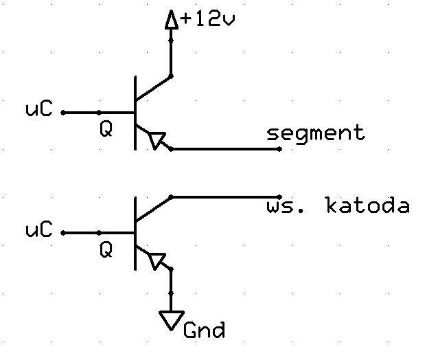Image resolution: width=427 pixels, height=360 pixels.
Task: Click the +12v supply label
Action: tap(207, 19)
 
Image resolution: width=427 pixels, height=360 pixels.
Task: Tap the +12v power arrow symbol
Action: tap(172, 20)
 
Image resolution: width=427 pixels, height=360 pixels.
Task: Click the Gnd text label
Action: tap(205, 330)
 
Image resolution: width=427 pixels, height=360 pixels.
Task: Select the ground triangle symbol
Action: tap(172, 320)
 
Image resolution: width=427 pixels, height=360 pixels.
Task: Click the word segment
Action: tap(316, 133)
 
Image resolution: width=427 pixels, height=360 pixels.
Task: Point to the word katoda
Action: tap(368, 205)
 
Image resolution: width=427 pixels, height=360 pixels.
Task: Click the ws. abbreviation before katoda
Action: tap(285, 207)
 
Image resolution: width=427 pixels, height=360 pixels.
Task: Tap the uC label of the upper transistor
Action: tap(38, 109)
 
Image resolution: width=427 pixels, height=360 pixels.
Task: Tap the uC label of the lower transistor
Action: tap(38, 229)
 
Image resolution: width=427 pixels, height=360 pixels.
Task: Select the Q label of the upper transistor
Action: tap(106, 129)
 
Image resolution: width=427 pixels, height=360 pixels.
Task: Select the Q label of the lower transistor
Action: tap(106, 250)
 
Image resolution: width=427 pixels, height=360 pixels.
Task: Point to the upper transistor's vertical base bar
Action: tap(135, 113)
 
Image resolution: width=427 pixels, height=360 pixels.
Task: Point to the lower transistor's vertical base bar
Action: tap(135, 234)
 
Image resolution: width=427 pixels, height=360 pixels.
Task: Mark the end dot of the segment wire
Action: tap(279, 149)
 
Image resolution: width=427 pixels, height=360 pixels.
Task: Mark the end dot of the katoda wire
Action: tap(279, 196)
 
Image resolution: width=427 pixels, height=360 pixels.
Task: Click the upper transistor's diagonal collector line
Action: tap(153, 89)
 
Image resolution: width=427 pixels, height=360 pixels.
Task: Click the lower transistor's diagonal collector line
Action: tap(153, 209)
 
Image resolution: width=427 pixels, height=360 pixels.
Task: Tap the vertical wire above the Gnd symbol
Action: tap(171, 290)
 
